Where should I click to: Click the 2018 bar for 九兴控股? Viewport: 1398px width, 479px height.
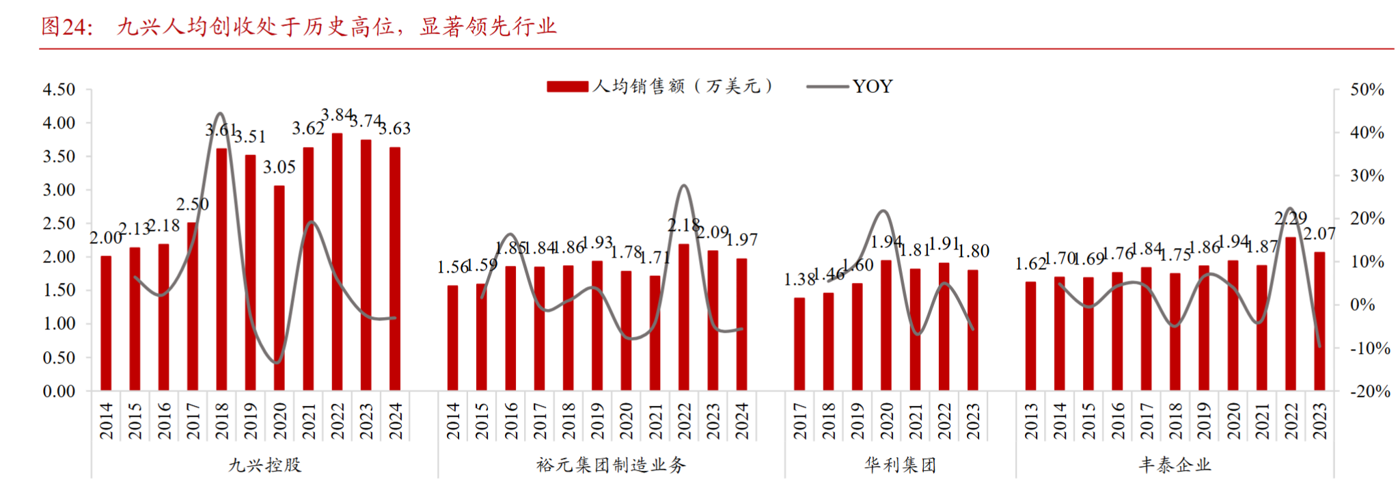pyautogui.click(x=221, y=269)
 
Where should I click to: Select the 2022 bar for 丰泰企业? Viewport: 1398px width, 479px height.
pyautogui.click(x=1291, y=314)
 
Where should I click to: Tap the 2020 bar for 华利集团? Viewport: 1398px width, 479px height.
pyautogui.click(x=886, y=325)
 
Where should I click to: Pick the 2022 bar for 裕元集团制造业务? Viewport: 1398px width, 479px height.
pyautogui.click(x=684, y=317)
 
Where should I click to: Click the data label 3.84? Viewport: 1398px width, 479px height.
pyautogui.click(x=337, y=115)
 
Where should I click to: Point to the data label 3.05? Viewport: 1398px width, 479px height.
pyautogui.click(x=279, y=167)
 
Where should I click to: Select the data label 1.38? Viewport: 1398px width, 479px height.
pyautogui.click(x=799, y=279)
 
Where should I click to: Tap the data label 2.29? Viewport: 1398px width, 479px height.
pyautogui.click(x=1291, y=219)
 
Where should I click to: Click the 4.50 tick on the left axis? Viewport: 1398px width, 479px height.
pyautogui.click(x=59, y=90)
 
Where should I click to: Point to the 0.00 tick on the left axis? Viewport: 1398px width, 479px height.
pyautogui.click(x=59, y=392)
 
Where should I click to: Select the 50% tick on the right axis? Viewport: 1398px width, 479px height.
pyautogui.click(x=1367, y=90)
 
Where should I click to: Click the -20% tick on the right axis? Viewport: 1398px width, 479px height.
pyautogui.click(x=1369, y=392)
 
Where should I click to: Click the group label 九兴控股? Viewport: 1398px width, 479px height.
pyautogui.click(x=264, y=465)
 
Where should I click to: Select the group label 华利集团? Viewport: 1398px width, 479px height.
pyautogui.click(x=900, y=465)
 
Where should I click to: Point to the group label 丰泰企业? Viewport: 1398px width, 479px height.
pyautogui.click(x=1175, y=465)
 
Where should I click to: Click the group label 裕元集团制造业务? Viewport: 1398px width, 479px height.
pyautogui.click(x=611, y=465)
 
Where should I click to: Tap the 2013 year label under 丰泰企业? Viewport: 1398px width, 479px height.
pyautogui.click(x=1031, y=420)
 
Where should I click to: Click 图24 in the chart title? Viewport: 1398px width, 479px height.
pyautogui.click(x=66, y=27)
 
